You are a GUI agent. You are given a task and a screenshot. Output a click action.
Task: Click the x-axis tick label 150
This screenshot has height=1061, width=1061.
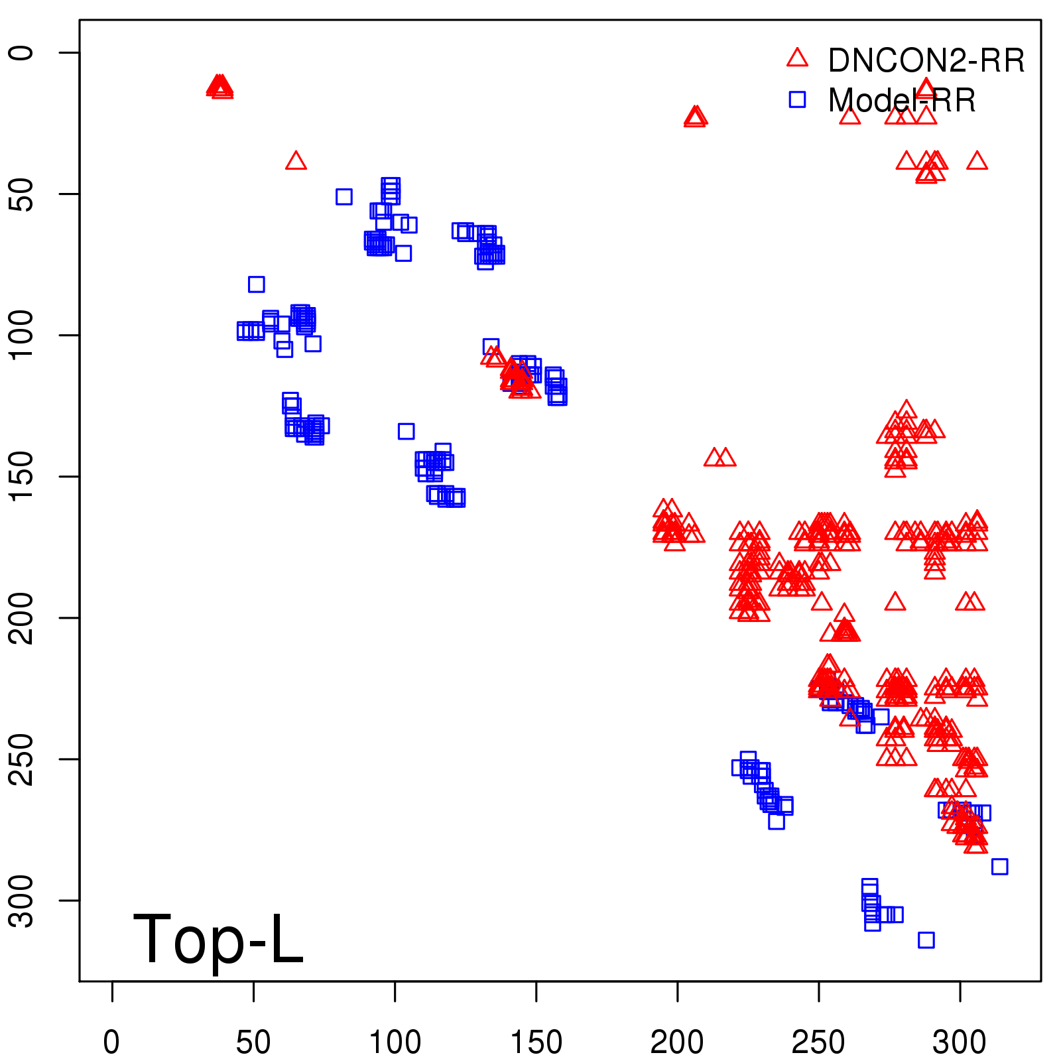point(536,1042)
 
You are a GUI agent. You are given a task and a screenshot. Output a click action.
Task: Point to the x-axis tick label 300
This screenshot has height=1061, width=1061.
point(960,1042)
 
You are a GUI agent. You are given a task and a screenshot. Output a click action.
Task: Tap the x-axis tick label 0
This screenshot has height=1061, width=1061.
point(112,1042)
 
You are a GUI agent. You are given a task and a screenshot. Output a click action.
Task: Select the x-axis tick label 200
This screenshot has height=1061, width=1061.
point(677,1042)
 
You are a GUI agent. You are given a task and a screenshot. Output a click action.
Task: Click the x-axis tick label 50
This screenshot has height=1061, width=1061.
point(253,1042)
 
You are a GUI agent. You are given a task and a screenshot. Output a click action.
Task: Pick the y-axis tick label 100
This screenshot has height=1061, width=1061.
point(21,335)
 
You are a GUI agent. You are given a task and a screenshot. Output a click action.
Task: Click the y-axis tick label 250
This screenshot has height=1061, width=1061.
point(21,759)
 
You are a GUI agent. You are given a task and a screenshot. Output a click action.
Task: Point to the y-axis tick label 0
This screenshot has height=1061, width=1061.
point(21,52)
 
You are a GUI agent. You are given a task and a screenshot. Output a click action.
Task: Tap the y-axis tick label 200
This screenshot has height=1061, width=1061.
point(21,617)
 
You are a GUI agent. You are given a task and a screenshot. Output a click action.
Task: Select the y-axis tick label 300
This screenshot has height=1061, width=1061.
point(21,900)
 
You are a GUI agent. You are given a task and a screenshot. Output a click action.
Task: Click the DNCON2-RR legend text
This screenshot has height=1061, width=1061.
point(926,61)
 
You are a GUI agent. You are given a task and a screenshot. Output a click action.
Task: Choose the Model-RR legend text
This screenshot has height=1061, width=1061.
point(902,101)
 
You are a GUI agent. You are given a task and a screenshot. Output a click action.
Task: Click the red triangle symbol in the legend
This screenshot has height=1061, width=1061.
point(797,58)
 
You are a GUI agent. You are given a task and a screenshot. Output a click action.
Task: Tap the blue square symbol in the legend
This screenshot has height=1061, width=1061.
point(797,99)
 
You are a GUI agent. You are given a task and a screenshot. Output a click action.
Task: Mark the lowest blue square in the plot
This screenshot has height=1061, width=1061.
point(926,940)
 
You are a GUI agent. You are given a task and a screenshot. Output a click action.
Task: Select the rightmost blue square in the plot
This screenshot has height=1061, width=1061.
point(999,866)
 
